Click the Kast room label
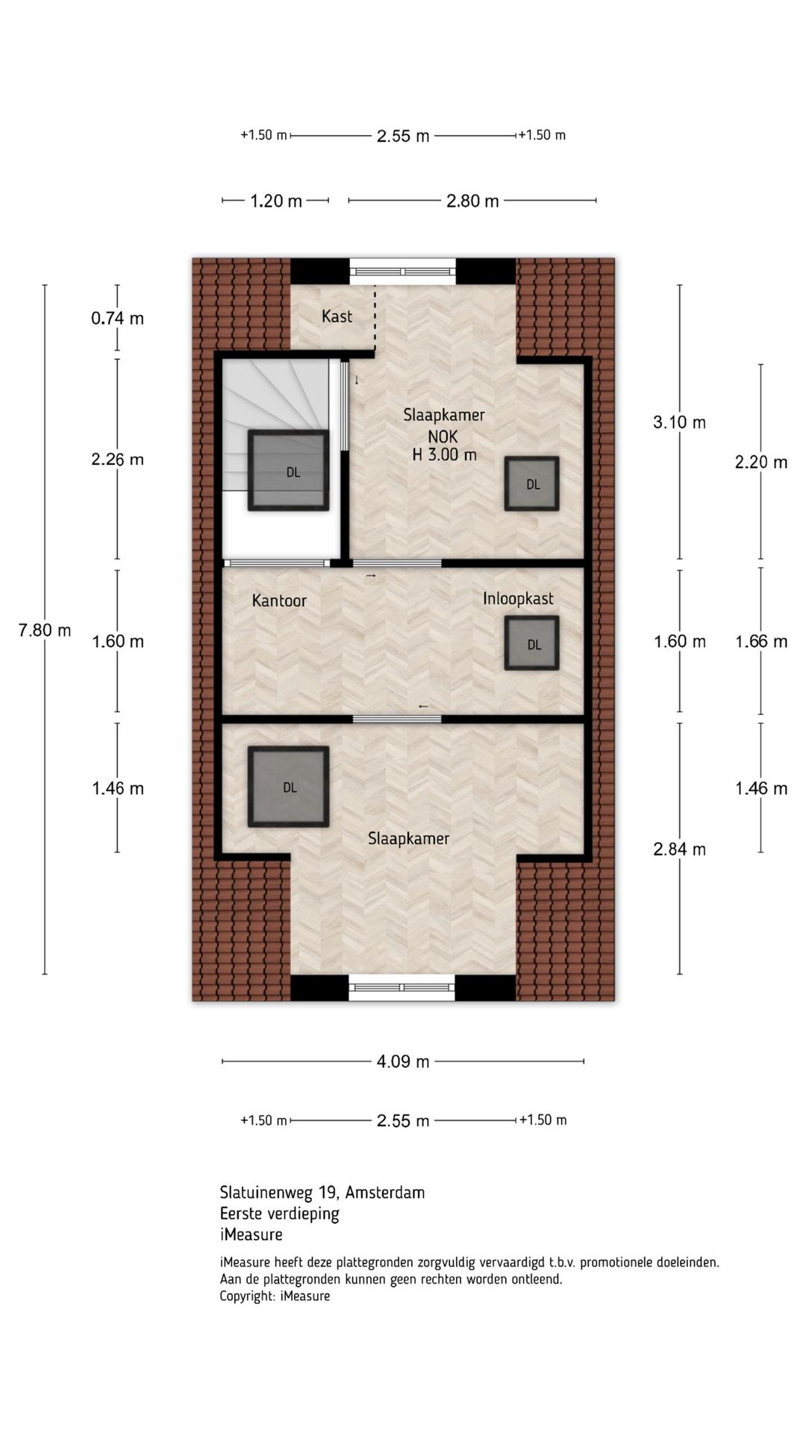tap(337, 316)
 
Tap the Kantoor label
tap(279, 601)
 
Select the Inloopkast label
tap(518, 599)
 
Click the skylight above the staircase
tap(289, 471)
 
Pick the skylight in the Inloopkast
tap(532, 643)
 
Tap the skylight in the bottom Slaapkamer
tap(289, 787)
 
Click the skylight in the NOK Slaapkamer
tap(532, 484)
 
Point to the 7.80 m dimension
tap(45, 630)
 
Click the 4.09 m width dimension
tap(403, 1061)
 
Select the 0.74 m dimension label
tap(118, 318)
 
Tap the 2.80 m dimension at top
tap(472, 201)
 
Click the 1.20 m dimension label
tap(276, 201)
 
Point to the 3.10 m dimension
tap(679, 422)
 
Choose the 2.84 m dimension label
tap(679, 849)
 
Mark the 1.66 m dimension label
tap(761, 641)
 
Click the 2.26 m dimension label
tap(118, 459)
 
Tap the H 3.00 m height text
tap(444, 455)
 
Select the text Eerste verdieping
tap(279, 1214)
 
